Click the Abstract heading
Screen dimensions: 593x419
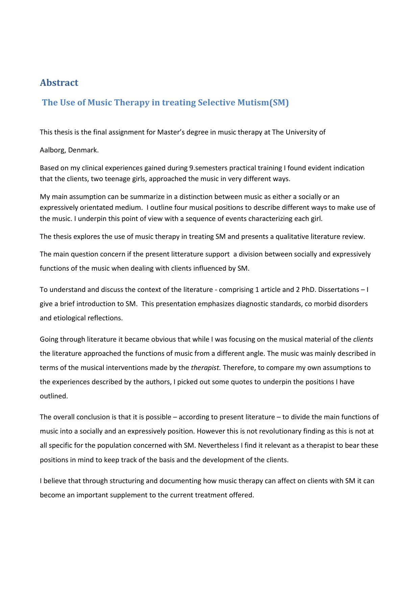59,83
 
